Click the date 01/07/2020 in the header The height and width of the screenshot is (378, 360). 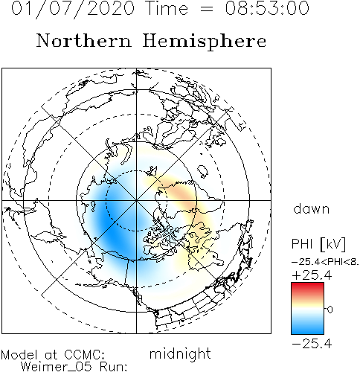tap(73, 8)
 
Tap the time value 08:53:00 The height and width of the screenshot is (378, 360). tap(267, 8)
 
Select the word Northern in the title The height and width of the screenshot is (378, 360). tap(84, 41)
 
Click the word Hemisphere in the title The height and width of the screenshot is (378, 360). tap(205, 42)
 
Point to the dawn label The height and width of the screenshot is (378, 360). tap(312, 209)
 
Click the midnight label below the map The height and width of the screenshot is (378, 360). tap(180, 354)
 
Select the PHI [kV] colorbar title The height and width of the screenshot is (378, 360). tap(318, 244)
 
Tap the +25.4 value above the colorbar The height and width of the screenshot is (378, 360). tap(312, 275)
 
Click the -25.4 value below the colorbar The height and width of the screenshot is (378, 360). tap(312, 344)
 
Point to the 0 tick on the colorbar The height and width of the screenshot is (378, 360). tap(330, 310)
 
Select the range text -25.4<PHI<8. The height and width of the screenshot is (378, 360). tap(325, 262)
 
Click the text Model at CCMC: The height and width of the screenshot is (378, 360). tap(53, 355)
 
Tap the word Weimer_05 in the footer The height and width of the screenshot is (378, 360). tap(57, 367)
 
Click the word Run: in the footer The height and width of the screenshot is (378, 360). tap(114, 367)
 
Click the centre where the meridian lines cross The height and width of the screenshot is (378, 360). tap(136, 200)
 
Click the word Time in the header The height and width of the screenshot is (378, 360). tap(167, 8)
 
